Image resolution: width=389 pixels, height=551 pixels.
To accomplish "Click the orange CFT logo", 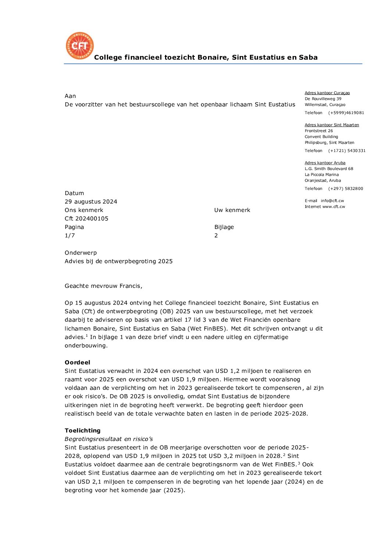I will point(80,46).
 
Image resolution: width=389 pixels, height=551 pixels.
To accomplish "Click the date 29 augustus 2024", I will point(91,202).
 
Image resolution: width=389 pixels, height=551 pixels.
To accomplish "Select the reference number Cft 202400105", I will point(86,219).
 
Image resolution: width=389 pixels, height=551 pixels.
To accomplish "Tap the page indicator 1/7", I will point(70,236).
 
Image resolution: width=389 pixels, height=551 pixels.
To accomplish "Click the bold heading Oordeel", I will point(77,363).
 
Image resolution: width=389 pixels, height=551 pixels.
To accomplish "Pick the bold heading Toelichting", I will point(82,431).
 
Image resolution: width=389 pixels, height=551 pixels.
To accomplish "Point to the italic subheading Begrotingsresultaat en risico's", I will point(108,439).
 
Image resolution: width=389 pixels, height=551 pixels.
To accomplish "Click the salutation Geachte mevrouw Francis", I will point(103,286).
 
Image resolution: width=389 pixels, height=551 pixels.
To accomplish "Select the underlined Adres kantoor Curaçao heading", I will point(327,93).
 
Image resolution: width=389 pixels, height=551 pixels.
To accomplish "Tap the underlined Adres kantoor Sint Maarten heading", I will point(332,125).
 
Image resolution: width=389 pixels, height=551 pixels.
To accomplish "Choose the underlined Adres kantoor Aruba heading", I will point(325,163).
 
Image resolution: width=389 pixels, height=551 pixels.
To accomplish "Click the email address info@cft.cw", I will point(332,201).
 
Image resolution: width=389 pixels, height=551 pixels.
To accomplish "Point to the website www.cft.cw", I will point(334,207).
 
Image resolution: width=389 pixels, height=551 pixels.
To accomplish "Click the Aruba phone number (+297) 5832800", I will point(346,189).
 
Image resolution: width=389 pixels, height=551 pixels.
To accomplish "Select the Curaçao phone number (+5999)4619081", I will point(346,113).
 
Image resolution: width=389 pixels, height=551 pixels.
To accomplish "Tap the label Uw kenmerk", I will point(232,210).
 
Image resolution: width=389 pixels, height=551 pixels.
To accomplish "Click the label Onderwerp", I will point(81,253).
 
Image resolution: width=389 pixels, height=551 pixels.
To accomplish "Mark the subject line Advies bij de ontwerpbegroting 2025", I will point(118,261).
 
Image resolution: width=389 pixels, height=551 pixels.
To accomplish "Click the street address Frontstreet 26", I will point(319,131).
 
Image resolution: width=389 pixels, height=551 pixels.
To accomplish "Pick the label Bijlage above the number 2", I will point(224,227).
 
